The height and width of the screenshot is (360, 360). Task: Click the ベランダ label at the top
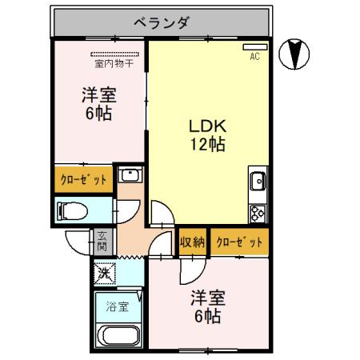click(159, 22)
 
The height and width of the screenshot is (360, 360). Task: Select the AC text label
click(254, 58)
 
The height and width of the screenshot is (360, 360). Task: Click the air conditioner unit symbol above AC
click(254, 47)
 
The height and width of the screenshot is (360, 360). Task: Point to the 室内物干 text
click(114, 63)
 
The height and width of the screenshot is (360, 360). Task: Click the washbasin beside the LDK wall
click(129, 177)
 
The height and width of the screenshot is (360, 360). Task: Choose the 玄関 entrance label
click(102, 241)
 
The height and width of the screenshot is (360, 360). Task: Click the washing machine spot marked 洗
click(104, 272)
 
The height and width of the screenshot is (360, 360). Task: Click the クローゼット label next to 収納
click(238, 242)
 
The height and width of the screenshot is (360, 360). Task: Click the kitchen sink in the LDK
click(258, 183)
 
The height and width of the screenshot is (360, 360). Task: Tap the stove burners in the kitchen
click(258, 213)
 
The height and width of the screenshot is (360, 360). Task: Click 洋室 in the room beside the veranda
click(99, 95)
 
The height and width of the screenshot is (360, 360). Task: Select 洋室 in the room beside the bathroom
click(207, 298)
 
